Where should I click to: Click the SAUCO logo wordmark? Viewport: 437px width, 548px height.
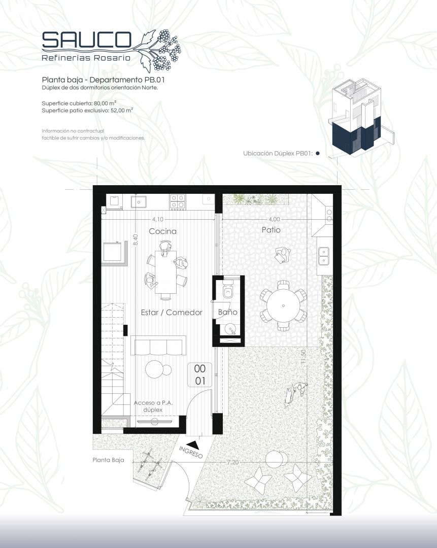coord(86,40)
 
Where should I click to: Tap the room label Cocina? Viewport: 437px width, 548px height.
coord(162,231)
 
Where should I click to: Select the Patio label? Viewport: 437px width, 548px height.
coord(271,230)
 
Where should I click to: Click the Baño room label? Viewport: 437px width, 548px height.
coord(227,312)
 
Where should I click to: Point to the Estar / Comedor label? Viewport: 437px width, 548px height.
coord(172,312)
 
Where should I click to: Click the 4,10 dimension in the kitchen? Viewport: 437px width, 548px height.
coord(158,219)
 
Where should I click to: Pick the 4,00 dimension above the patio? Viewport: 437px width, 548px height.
coord(275,219)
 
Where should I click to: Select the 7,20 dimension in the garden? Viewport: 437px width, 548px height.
coord(232,462)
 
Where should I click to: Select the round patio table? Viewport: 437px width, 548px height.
coord(283,305)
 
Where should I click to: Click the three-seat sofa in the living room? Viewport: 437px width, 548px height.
coord(158,346)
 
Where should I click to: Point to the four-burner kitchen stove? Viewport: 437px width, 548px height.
coord(178,201)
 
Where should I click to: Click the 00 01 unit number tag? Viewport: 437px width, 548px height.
coord(200,374)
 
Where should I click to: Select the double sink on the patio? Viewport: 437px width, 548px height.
coord(324,255)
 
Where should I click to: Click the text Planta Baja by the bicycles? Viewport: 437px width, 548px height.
coord(108,460)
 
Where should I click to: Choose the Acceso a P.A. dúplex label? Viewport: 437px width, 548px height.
coord(153,406)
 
